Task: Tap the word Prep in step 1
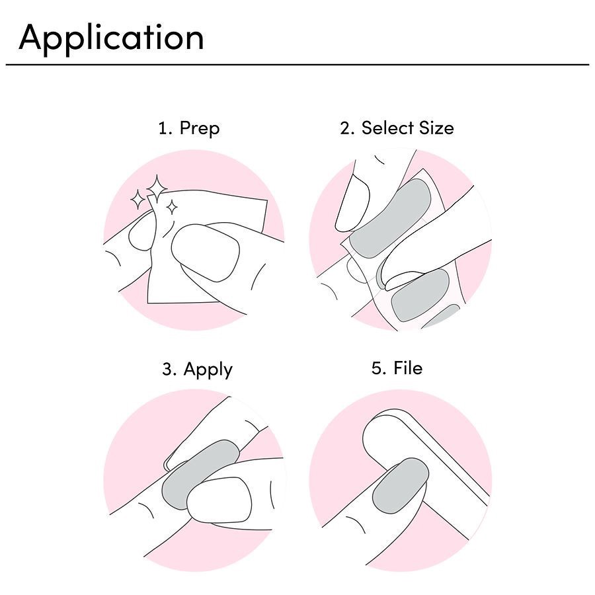(199, 129)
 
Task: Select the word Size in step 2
(436, 128)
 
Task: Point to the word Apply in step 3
(208, 370)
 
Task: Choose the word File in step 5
(408, 368)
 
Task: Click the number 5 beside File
(377, 368)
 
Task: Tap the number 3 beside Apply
(169, 369)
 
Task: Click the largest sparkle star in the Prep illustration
(157, 188)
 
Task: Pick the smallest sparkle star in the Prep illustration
(173, 208)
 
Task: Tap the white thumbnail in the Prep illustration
(206, 253)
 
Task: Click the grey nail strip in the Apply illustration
(200, 474)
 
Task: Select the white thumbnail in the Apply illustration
(220, 500)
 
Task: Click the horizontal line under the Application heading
(297, 65)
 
